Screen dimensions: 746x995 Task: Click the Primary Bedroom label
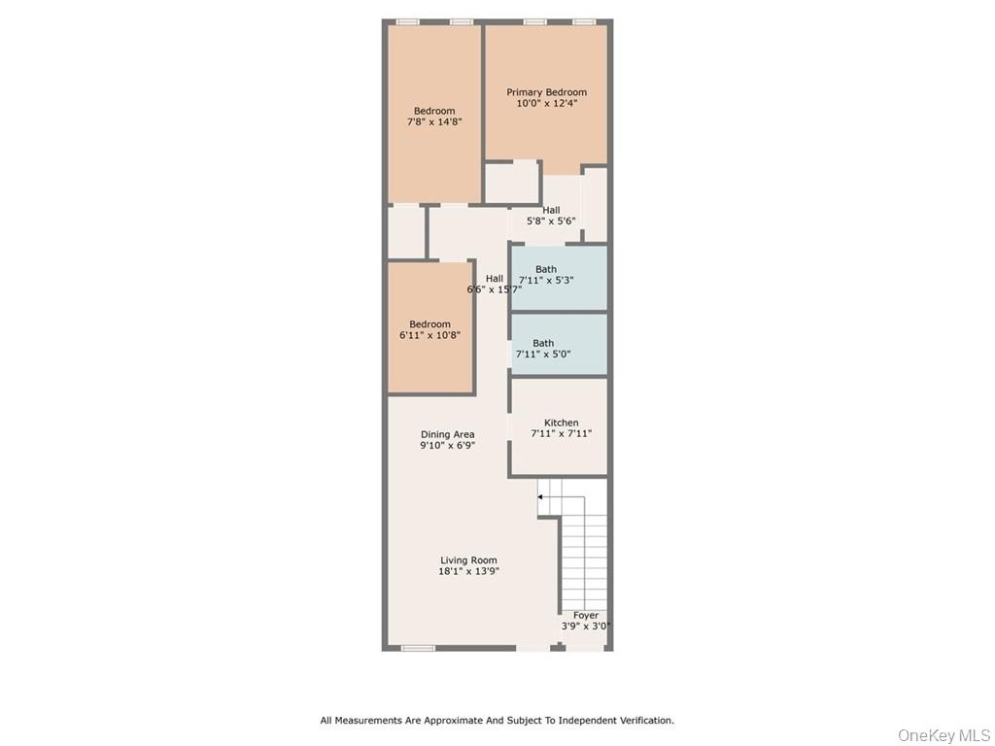click(x=546, y=92)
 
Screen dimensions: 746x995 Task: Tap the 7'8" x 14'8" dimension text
click(x=434, y=122)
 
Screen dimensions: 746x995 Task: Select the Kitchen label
click(x=561, y=423)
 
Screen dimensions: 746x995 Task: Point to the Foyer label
click(x=585, y=615)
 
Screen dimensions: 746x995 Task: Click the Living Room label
click(x=468, y=560)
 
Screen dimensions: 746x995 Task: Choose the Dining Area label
click(x=447, y=434)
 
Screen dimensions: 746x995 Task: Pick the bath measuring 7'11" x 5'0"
click(x=559, y=345)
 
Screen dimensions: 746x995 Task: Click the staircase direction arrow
click(x=541, y=496)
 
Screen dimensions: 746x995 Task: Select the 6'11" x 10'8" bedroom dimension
click(x=429, y=335)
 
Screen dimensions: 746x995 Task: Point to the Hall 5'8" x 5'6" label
click(x=551, y=216)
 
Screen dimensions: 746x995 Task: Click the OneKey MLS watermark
click(x=944, y=734)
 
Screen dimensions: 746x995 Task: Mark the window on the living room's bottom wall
click(x=418, y=648)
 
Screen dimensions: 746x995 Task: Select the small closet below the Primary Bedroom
click(x=511, y=183)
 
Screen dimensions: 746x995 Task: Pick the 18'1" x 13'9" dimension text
click(x=468, y=572)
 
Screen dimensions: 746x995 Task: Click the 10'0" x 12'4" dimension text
click(x=546, y=103)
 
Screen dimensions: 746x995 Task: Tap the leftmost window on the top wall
click(x=408, y=21)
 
